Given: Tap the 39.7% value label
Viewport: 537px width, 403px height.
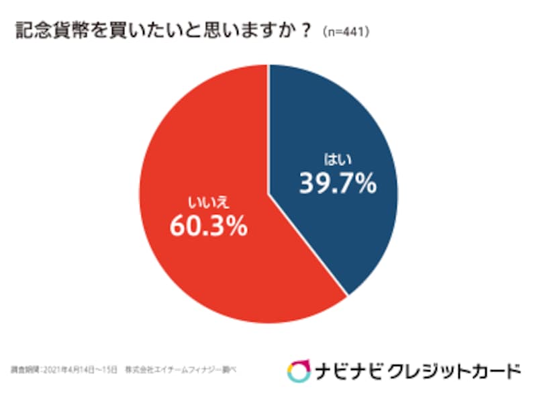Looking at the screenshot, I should click(338, 183).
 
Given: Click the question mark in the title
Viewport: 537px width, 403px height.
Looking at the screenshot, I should click(307, 31).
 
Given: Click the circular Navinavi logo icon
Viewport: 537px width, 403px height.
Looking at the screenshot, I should click(298, 370).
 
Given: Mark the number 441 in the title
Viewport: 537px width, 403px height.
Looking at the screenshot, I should click(356, 32).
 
